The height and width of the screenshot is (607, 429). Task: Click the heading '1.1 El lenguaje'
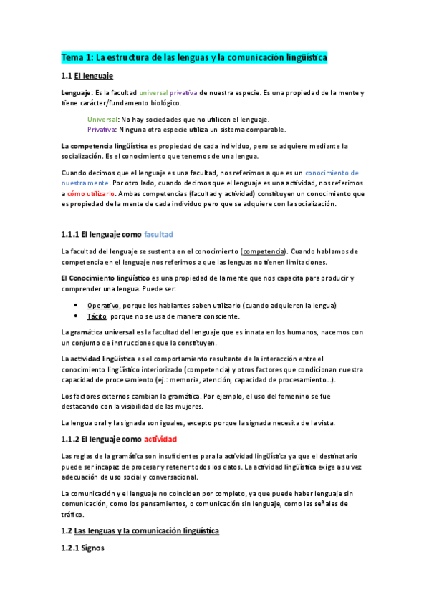[87, 76]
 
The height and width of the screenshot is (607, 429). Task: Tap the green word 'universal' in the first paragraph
[153, 93]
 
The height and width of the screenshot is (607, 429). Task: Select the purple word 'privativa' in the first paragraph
[183, 93]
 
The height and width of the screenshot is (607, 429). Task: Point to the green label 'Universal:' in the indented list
[103, 120]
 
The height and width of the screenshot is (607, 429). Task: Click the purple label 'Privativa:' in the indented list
[103, 130]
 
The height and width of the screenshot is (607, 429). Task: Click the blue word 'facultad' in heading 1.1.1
[158, 234]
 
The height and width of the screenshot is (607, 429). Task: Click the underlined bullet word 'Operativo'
[103, 306]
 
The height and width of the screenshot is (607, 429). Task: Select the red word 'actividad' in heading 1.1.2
[160, 439]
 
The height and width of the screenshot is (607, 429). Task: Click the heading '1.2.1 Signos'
[83, 548]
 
